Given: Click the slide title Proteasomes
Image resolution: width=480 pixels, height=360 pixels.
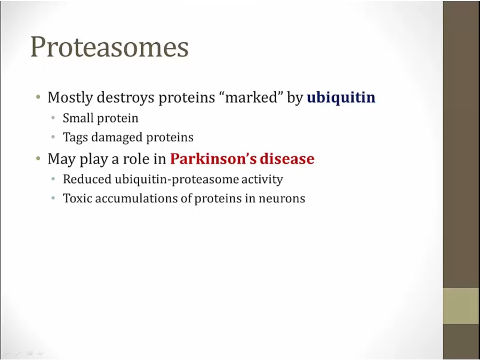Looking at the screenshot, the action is pos(109,47).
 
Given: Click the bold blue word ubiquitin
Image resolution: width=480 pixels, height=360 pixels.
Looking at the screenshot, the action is pos(341,98).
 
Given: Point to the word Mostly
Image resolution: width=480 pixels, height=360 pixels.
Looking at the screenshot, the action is pos(70,98).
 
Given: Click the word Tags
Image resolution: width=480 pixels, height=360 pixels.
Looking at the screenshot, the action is pos(75,138).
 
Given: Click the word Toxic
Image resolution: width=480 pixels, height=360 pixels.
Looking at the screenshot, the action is pos(77,198).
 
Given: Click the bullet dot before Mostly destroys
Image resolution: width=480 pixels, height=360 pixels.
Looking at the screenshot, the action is pos(38,98).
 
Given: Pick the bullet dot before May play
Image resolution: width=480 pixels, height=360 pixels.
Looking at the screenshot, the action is pos(38,158).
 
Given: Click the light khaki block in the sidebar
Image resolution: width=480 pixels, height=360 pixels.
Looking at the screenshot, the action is pos(461,306).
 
